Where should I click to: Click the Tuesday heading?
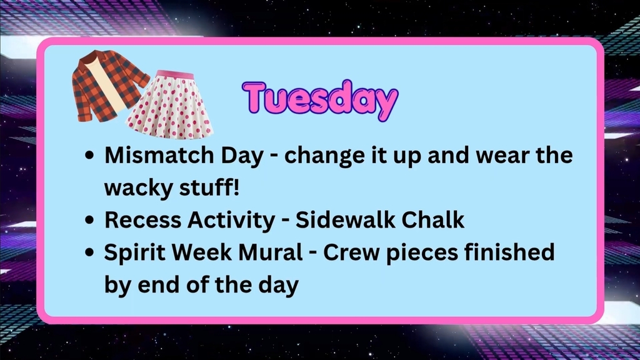click(319, 100)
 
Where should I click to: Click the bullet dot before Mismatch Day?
click(91, 156)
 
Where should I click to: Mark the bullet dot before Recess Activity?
click(91, 221)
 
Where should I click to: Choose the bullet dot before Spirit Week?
click(91, 254)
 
